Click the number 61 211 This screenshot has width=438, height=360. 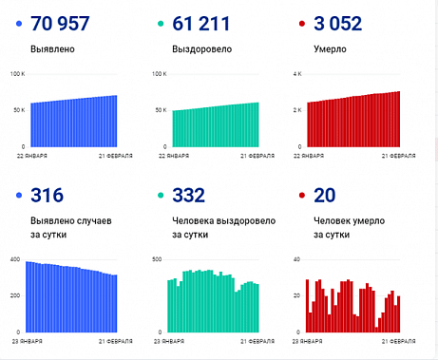pyautogui.click(x=201, y=24)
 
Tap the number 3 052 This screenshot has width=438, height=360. pyautogui.click(x=338, y=24)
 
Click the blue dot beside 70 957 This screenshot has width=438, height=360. pyautogui.click(x=19, y=24)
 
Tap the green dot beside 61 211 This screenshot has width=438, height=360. pyautogui.click(x=162, y=24)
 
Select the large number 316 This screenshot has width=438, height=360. pyautogui.click(x=48, y=196)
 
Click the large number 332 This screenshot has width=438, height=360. pyautogui.click(x=190, y=196)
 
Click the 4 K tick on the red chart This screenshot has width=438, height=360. pyautogui.click(x=295, y=73)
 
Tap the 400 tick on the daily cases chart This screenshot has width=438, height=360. pyautogui.click(x=14, y=259)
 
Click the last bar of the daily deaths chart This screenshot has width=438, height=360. pyautogui.click(x=399, y=314)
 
